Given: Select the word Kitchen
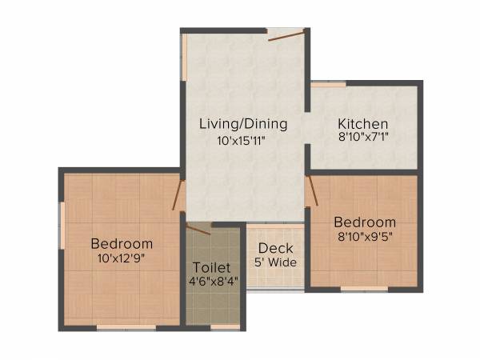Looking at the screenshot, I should [362, 124].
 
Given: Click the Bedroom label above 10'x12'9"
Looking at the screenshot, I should [122, 243].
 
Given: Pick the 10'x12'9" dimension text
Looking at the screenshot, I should [122, 258].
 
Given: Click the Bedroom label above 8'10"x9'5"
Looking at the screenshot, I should [365, 222].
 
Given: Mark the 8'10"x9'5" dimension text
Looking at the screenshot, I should [365, 236].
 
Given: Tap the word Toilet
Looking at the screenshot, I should [212, 266].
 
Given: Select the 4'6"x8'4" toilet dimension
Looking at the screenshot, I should [212, 282].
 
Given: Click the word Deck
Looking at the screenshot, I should [275, 248].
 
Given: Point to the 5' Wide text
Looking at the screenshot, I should [275, 262].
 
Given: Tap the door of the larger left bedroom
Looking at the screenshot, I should [178, 195].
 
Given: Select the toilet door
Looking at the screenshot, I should [198, 230].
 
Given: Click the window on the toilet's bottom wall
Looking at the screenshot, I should [226, 327].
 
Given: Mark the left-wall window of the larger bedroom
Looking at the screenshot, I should [62, 226].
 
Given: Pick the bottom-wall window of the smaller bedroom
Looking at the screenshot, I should [365, 288].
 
